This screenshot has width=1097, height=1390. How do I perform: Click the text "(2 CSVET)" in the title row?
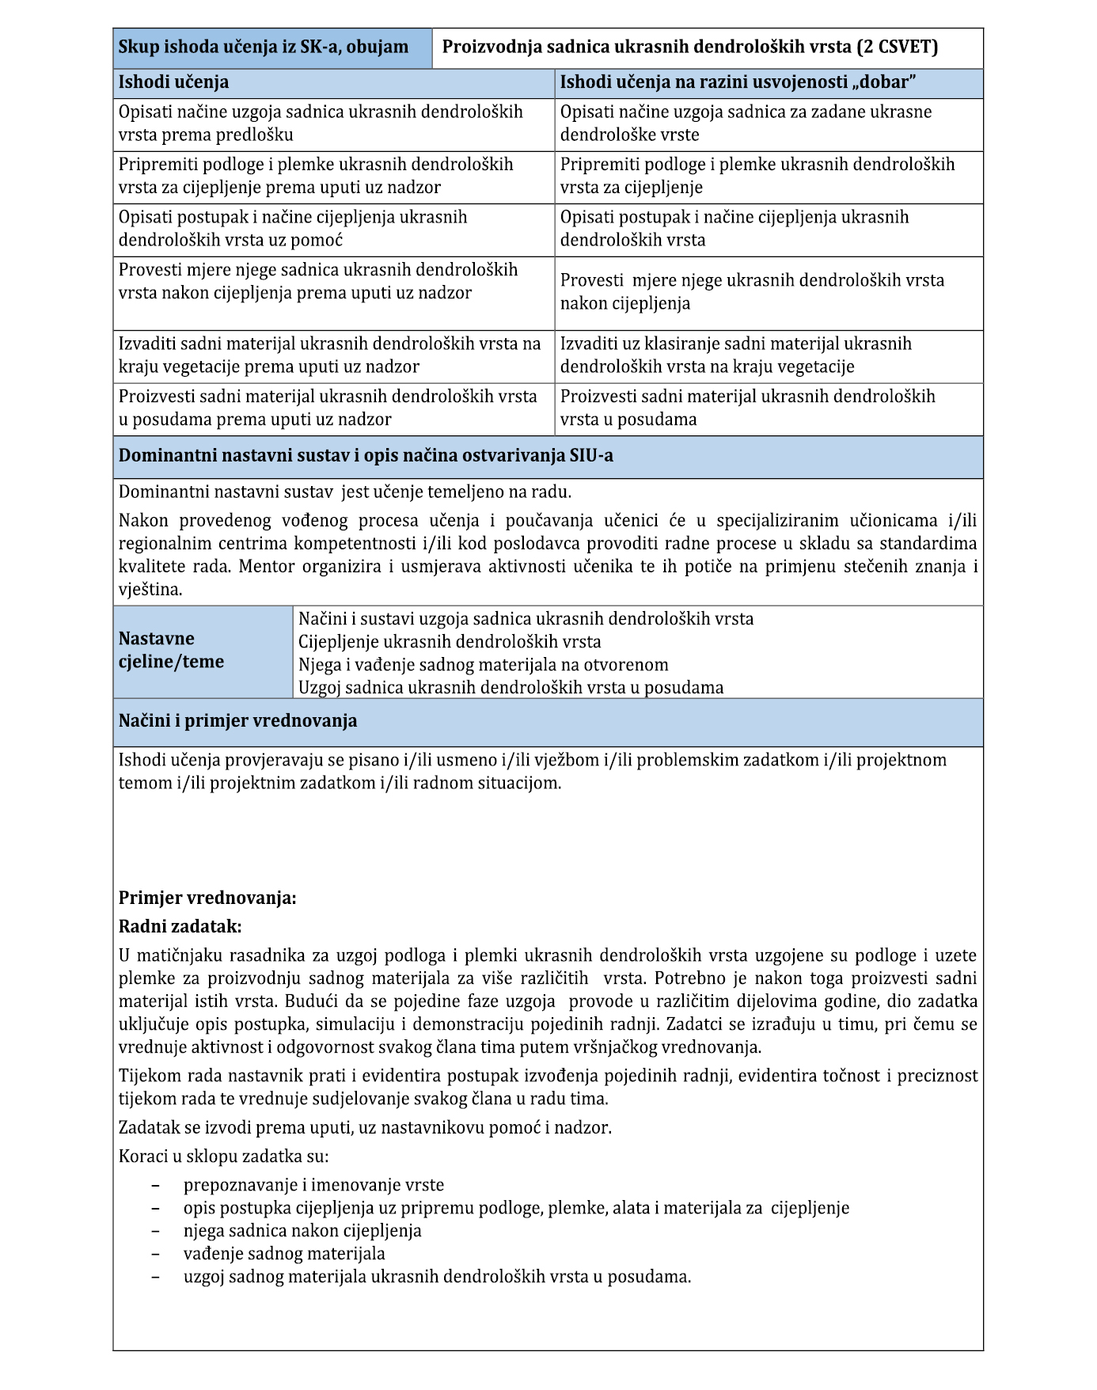tap(897, 47)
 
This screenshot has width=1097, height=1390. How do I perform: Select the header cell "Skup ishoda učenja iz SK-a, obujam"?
tap(264, 47)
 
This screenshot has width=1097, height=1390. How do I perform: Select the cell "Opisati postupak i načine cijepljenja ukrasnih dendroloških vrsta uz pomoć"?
tap(333, 229)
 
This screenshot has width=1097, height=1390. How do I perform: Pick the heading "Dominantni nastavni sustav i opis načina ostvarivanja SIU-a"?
tap(366, 456)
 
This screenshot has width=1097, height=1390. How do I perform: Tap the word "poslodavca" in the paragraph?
tap(537, 544)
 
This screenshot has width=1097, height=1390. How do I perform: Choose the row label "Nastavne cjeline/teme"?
tap(172, 650)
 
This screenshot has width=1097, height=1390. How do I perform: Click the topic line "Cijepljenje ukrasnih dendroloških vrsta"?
tap(449, 642)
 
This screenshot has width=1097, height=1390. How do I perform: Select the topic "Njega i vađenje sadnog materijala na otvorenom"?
tap(483, 665)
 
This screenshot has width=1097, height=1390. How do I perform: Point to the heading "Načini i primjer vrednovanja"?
tap(237, 721)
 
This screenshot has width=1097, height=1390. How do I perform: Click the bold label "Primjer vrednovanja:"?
tap(207, 898)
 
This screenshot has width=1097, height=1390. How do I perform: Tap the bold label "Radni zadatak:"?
tap(180, 927)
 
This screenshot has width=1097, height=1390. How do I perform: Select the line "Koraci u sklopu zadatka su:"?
tap(223, 1156)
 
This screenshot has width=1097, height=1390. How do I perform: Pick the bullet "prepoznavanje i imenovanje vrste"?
tap(313, 1186)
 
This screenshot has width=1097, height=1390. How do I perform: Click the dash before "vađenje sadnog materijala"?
tap(155, 1255)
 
